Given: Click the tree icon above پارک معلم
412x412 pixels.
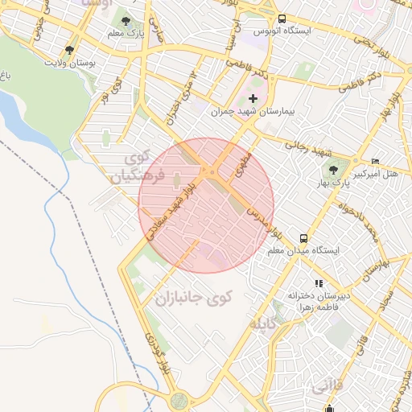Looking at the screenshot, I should (127, 19).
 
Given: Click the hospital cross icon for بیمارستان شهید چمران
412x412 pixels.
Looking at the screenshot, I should (253, 97).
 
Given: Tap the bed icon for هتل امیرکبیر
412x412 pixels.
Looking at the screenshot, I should (375, 160).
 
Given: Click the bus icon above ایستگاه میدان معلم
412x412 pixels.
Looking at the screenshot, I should (303, 238).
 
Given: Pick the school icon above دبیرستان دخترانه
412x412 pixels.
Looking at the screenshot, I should (319, 283).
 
